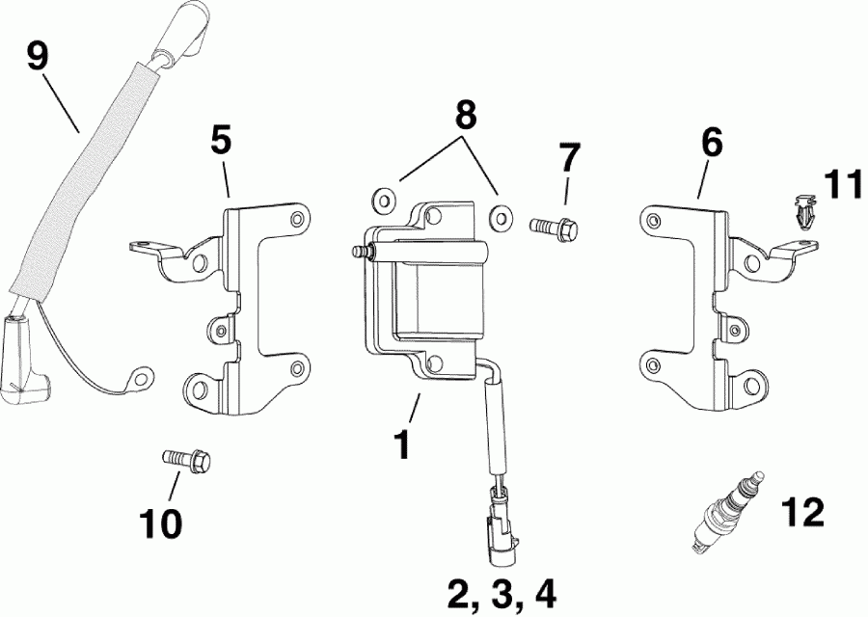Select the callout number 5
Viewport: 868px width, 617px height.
(221, 141)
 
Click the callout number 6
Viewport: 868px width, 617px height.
(711, 144)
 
